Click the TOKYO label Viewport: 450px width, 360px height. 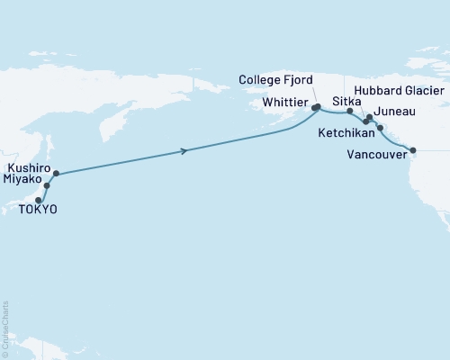(x=37, y=210)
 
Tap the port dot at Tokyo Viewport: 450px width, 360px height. (x=39, y=200)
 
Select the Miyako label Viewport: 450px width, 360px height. (x=24, y=180)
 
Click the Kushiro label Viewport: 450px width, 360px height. (x=27, y=167)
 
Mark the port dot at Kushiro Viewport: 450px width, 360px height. (x=56, y=173)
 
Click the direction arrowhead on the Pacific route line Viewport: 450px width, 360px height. (x=184, y=150)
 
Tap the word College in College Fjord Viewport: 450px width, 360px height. (x=261, y=80)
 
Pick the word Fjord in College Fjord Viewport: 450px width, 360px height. (x=300, y=80)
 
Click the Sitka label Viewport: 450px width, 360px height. (x=346, y=102)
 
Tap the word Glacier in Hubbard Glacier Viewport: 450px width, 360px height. (x=422, y=91)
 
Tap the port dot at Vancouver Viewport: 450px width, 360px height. (x=413, y=149)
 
